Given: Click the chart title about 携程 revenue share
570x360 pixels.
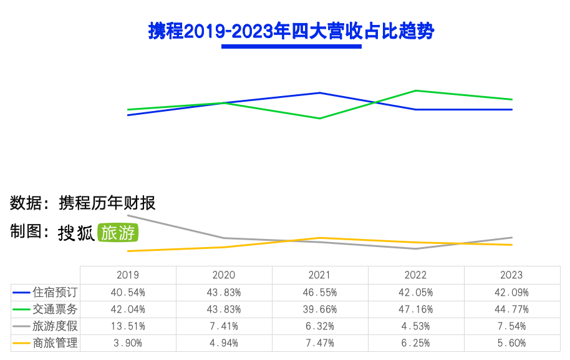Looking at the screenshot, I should coord(291,31).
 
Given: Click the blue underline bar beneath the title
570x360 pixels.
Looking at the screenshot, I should coord(292,46).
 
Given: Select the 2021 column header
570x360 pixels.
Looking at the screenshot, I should coord(319,275).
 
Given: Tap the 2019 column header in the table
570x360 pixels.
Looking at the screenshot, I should coord(128,275).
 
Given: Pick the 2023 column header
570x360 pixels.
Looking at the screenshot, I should coord(511,275).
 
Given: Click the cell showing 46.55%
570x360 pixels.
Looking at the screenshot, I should coord(319,292).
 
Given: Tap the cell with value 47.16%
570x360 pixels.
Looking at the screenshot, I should coord(415,309).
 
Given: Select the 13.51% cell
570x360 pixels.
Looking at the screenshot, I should coord(128,326).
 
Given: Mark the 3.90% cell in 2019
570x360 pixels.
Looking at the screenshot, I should coord(128,343).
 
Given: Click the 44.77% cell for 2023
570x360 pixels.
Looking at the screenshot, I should coord(511,309).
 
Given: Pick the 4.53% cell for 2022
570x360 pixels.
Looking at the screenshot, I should coord(415,326).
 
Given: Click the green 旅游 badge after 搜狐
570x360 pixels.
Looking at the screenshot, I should coord(117,233).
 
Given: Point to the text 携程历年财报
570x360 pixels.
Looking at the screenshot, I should coord(107,203).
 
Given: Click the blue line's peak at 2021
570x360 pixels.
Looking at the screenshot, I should coord(319,93).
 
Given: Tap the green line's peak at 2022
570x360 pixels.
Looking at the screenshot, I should coord(415,90).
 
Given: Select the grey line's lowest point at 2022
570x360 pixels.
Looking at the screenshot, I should coord(415,249).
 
